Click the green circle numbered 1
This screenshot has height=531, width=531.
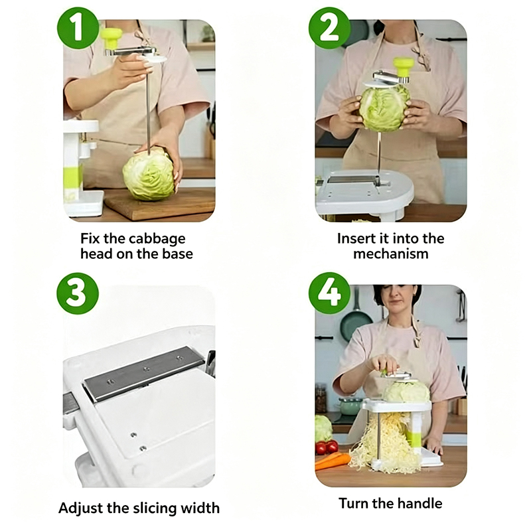point(78,28)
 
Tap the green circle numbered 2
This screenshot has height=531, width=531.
point(329,28)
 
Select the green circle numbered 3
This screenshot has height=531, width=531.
point(78,293)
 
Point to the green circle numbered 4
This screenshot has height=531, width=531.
point(329,293)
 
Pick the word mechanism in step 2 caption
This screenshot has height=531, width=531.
point(391,254)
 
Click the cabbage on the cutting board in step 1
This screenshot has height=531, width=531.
point(149,175)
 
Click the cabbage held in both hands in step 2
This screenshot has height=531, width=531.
point(385,108)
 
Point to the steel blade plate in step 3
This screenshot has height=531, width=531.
point(144,372)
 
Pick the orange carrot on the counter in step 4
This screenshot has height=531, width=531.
point(333,461)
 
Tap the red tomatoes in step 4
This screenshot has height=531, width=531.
point(327,447)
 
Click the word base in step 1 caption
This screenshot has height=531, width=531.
point(177,254)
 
